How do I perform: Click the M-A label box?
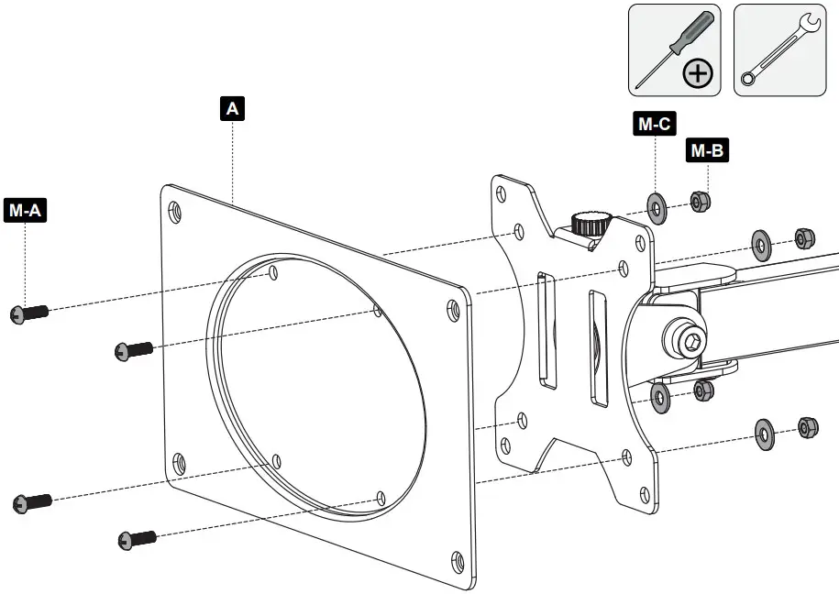pos(26,210)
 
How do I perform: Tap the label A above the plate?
pos(233,109)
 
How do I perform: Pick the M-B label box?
pos(707,151)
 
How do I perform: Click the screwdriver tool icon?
pos(675,49)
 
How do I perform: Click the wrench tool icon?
pos(779,49)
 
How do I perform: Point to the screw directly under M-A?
pos(28,313)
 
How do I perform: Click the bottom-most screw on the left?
pos(137,539)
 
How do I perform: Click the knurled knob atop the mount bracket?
pos(591,222)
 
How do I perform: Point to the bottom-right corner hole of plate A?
pos(458,558)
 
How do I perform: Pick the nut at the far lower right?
pos(808,427)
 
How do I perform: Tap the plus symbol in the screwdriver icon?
pos(699,73)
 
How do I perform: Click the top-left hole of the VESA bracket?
pos(502,194)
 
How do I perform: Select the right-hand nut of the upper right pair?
pos(804,239)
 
